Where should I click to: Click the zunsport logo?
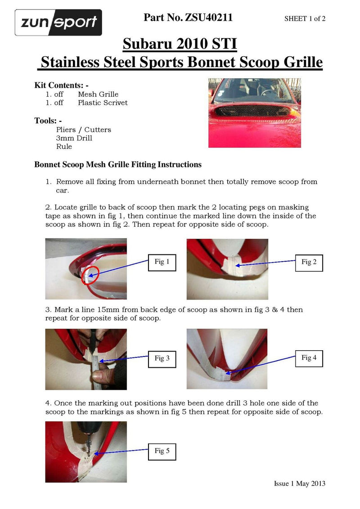[58, 22]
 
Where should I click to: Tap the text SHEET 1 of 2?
[305, 18]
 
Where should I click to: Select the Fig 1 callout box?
[162, 262]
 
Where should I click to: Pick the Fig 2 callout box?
[309, 262]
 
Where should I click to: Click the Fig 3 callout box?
[162, 358]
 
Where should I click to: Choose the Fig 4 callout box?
[309, 358]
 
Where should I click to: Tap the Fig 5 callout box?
[162, 451]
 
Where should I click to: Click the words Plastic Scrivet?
[103, 103]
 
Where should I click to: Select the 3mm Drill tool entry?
[74, 138]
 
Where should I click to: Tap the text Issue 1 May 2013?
[299, 483]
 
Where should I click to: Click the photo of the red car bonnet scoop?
[254, 113]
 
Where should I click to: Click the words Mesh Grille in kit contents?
[98, 94]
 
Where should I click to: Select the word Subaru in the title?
[146, 44]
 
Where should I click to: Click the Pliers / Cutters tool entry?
[83, 129]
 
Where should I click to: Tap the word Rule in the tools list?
[64, 147]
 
